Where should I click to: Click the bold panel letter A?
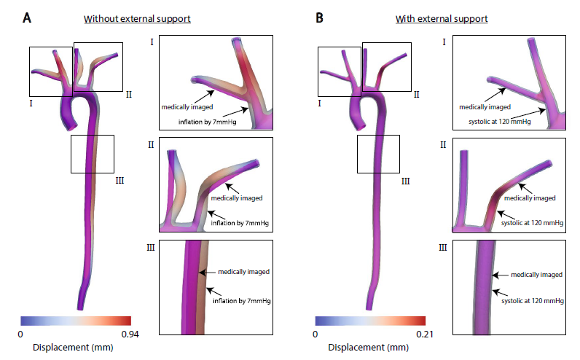pyautogui.click(x=27, y=17)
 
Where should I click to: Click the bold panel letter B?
pyautogui.click(x=319, y=17)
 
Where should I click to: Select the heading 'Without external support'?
pyautogui.click(x=137, y=17)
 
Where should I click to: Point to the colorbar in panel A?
pyautogui.click(x=76, y=321)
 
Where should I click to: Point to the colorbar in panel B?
pyautogui.click(x=370, y=321)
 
